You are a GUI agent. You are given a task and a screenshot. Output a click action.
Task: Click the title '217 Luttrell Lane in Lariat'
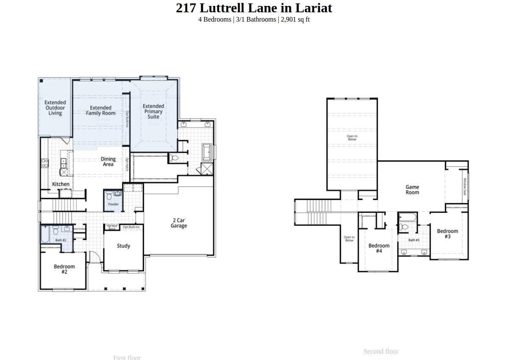pyautogui.click(x=254, y=8)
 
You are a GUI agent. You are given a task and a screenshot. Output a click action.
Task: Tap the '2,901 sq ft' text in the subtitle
pyautogui.click(x=295, y=19)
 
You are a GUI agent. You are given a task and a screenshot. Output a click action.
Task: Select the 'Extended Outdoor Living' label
pyautogui.click(x=55, y=108)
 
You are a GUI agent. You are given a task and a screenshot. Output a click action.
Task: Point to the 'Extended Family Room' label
pyautogui.click(x=101, y=111)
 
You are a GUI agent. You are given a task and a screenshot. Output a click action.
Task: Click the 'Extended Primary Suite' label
pyautogui.click(x=153, y=111)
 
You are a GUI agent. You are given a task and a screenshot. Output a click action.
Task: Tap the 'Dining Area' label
pyautogui.click(x=108, y=161)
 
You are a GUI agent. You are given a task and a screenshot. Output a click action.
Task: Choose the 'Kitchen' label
pyautogui.click(x=61, y=184)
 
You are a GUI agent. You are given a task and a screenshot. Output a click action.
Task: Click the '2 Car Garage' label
pyautogui.click(x=179, y=223)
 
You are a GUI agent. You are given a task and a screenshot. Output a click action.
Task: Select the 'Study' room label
pyautogui.click(x=124, y=246)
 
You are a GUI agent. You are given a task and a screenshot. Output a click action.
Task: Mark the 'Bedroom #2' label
pyautogui.click(x=64, y=269)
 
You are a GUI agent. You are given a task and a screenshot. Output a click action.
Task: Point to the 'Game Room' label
pyautogui.click(x=412, y=189)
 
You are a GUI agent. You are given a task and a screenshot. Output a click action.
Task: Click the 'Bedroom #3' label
pyautogui.click(x=447, y=234)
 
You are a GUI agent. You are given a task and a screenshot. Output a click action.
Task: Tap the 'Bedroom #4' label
pyautogui.click(x=379, y=248)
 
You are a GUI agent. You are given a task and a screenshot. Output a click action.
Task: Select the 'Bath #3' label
pyautogui.click(x=414, y=240)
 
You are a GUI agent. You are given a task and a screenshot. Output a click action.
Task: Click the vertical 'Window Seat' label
pyautogui.click(x=464, y=186)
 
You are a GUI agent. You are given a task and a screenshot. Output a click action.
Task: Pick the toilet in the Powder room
pyautogui.click(x=109, y=196)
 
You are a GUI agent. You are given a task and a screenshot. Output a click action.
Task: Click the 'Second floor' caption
pyautogui.click(x=381, y=352)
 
